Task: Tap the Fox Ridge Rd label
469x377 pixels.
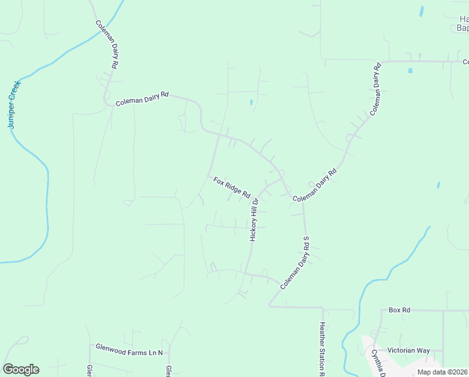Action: click(x=231, y=187)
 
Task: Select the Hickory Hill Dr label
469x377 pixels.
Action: click(x=254, y=216)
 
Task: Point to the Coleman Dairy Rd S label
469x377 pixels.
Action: click(x=295, y=263)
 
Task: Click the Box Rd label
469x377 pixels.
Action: click(x=399, y=310)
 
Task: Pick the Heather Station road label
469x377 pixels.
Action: click(x=322, y=349)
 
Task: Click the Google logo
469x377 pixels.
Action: click(x=21, y=369)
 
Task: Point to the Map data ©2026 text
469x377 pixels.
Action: click(x=443, y=372)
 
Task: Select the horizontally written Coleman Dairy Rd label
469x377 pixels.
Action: click(x=142, y=99)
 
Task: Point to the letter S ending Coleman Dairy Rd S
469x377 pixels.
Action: click(x=307, y=239)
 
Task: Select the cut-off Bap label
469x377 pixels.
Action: click(x=463, y=28)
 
